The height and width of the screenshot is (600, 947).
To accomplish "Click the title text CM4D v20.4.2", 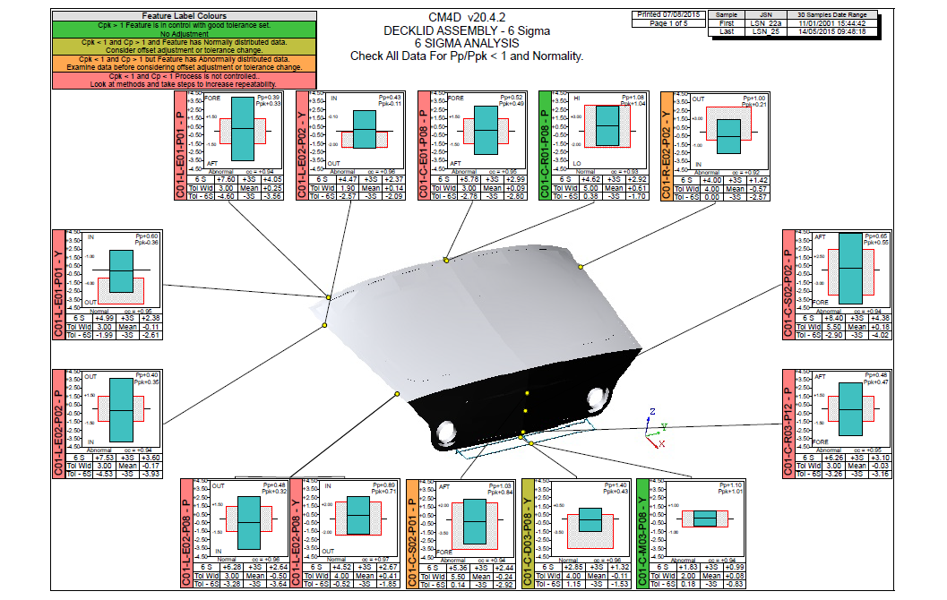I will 466,18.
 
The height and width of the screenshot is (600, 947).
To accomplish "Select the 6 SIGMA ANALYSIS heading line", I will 466,43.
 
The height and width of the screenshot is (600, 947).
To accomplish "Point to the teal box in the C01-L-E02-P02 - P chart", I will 121,409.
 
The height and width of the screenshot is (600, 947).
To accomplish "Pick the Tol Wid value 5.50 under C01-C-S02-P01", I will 460,577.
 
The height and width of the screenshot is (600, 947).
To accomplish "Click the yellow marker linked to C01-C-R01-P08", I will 581,265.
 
